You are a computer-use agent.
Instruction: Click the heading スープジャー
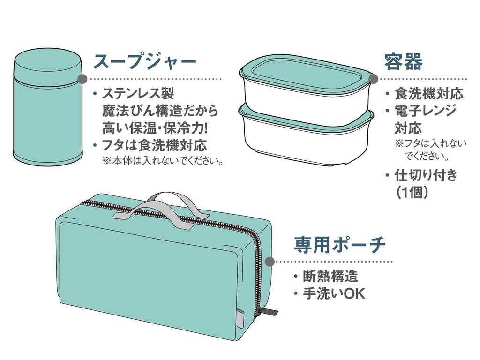click(x=144, y=62)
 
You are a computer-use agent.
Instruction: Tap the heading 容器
click(x=404, y=61)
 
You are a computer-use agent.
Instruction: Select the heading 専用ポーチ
click(x=339, y=245)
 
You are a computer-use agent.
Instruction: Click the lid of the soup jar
click(x=48, y=67)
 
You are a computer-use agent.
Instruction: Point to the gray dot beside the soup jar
click(x=82, y=79)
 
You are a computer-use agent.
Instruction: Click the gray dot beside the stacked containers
click(x=373, y=79)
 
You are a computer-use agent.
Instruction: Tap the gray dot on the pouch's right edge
click(x=270, y=262)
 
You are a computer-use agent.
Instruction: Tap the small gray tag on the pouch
click(x=240, y=317)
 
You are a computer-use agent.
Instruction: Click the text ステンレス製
click(x=138, y=93)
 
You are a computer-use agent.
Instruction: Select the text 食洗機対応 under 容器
click(x=429, y=93)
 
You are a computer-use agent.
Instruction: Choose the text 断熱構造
click(x=330, y=276)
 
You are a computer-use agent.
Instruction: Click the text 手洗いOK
click(x=334, y=293)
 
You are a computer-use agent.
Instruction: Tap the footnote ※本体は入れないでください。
click(x=163, y=161)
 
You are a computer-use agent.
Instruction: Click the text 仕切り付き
click(x=426, y=175)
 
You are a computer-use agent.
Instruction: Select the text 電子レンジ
click(x=425, y=111)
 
